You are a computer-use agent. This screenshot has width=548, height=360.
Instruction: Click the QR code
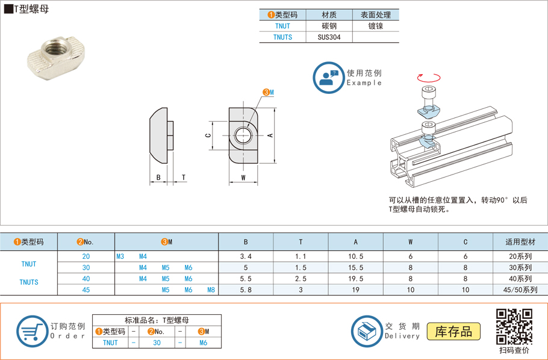click(514, 326)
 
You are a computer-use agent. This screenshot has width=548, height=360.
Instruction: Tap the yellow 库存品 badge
click(453, 331)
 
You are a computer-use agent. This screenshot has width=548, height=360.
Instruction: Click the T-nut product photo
click(52, 57)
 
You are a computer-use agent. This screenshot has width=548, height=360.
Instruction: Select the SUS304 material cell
click(329, 37)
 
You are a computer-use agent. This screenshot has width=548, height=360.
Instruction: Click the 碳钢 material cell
click(329, 26)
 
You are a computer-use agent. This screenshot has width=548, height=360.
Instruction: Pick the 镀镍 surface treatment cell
click(375, 26)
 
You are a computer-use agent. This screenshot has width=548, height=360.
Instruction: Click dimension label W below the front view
click(243, 178)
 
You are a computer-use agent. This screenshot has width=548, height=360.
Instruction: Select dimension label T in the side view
click(183, 178)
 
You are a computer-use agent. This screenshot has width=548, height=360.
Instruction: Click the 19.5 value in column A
click(355, 279)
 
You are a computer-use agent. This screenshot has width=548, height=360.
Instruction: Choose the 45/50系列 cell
click(520, 290)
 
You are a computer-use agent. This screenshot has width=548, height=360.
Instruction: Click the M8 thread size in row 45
click(211, 290)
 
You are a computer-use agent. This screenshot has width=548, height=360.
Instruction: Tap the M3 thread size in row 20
click(120, 256)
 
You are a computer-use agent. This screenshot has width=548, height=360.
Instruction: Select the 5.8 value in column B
click(245, 290)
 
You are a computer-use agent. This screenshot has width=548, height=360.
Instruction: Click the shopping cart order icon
click(31, 331)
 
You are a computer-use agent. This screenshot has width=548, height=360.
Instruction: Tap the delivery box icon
click(366, 331)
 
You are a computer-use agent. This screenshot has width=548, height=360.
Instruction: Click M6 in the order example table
click(203, 343)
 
